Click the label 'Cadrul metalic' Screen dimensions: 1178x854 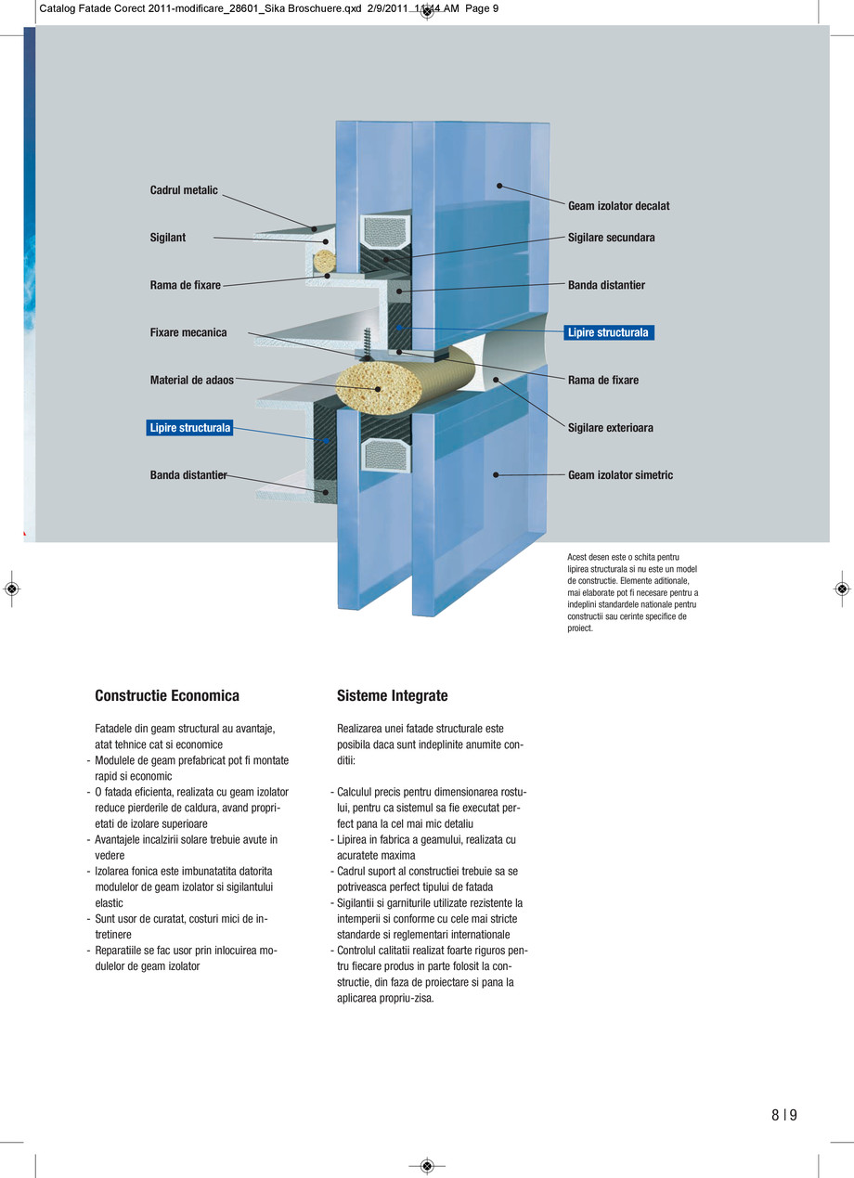184,190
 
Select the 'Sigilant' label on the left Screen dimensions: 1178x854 168,238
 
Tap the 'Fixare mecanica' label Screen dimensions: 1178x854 188,332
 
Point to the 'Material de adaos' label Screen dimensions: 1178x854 192,380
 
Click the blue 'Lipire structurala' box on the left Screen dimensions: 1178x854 189,428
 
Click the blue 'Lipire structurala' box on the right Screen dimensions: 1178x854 609,332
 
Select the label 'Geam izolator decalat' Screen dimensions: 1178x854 618,206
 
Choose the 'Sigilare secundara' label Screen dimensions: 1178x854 611,238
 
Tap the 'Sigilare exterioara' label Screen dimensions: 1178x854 610,428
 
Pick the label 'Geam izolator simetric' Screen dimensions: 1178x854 620,475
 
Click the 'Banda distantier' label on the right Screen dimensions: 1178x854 606,285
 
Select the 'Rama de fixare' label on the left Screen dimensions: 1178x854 186,285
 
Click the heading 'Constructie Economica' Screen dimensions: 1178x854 167,695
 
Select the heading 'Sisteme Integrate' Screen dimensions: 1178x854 392,695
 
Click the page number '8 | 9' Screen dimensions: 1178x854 783,1116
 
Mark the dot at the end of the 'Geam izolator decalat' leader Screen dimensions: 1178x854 499,186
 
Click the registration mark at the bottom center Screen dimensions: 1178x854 427,1165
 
